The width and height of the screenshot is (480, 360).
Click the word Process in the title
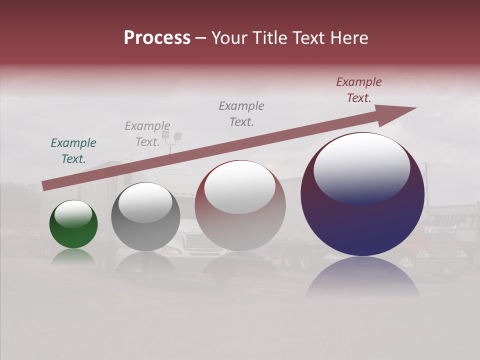point(157,37)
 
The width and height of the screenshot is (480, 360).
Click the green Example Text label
point(73,151)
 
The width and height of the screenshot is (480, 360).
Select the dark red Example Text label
point(359,90)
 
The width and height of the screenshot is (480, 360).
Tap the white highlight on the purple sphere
point(361,167)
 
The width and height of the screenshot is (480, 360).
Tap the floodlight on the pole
point(177,136)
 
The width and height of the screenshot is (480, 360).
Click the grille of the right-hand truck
point(442,243)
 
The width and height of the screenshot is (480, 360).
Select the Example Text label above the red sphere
point(241,114)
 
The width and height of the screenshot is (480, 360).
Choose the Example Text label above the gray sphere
point(147,134)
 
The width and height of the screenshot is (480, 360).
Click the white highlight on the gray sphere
point(145,202)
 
